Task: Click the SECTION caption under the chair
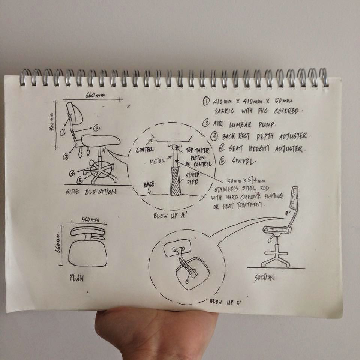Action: click(x=264, y=277)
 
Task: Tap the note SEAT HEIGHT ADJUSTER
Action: click(x=259, y=149)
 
